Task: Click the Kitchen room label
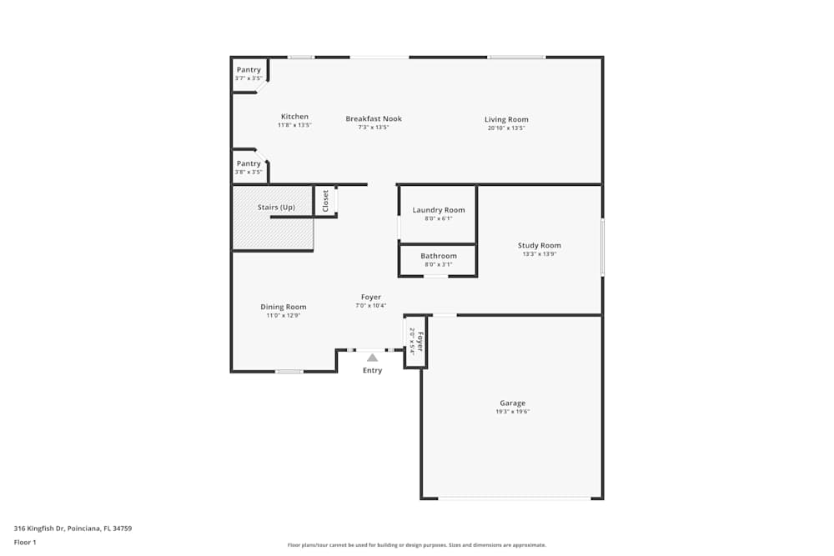pos(294,117)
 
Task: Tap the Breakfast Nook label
pos(374,119)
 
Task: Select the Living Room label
pos(506,120)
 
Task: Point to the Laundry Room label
pos(439,210)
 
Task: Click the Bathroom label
pos(439,256)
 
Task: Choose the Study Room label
pos(539,246)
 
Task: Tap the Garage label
pos(513,403)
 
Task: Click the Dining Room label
pos(284,307)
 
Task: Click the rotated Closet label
pos(326,201)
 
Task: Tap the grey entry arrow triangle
pos(373,358)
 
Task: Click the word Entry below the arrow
pos(373,371)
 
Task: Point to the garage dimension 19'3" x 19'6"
pos(513,412)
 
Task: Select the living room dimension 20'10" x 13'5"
pos(506,128)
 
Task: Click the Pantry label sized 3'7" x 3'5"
pos(249,70)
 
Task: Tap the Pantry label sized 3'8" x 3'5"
pos(249,163)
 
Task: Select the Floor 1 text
pos(25,543)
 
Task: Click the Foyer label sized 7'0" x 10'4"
pos(371,298)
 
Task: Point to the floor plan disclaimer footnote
pos(417,545)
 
